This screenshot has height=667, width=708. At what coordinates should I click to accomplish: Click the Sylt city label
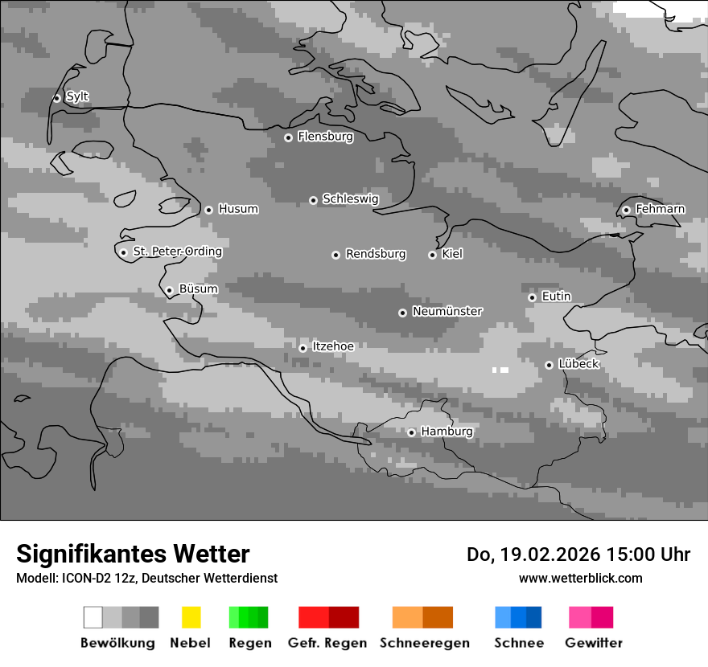pyautogui.click(x=77, y=97)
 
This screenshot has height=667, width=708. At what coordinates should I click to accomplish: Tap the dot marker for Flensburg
pyautogui.click(x=288, y=137)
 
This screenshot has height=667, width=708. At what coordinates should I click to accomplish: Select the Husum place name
pyautogui.click(x=238, y=209)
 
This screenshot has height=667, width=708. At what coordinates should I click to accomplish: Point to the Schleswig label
pyautogui.click(x=350, y=198)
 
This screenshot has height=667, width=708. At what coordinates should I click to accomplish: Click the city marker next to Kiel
pyautogui.click(x=432, y=255)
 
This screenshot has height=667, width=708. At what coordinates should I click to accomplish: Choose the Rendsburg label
pyautogui.click(x=376, y=254)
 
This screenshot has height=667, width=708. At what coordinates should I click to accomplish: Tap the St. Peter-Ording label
pyautogui.click(x=177, y=252)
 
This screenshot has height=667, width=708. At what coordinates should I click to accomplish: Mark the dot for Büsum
pyautogui.click(x=169, y=291)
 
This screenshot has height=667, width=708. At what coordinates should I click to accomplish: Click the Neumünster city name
pyautogui.click(x=447, y=311)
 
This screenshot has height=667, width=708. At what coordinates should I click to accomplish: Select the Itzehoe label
pyautogui.click(x=333, y=346)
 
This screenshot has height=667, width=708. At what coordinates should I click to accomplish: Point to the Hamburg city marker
pyautogui.click(x=411, y=432)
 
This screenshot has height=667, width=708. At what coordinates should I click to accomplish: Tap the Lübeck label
pyautogui.click(x=578, y=364)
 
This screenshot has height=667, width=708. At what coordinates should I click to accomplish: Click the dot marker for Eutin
pyautogui.click(x=532, y=297)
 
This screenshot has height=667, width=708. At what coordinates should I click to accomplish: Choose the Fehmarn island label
pyautogui.click(x=660, y=209)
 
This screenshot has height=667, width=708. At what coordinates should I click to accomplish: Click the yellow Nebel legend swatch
pyautogui.click(x=191, y=617)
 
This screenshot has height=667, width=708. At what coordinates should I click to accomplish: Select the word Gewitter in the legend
pyautogui.click(x=594, y=643)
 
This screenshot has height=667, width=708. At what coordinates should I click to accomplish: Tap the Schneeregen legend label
pyautogui.click(x=424, y=643)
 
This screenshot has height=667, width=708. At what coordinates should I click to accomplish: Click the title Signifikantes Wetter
pyautogui.click(x=133, y=554)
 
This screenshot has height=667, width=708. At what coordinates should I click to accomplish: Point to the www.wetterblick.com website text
pyautogui.click(x=580, y=578)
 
